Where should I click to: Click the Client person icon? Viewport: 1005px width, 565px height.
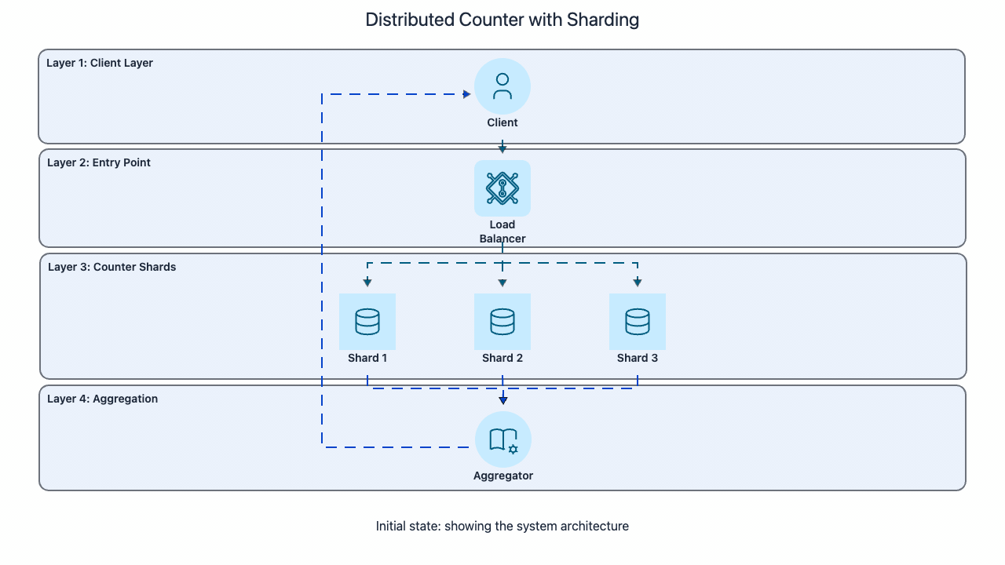tap(502, 86)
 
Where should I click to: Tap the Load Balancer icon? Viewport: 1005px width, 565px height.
tap(502, 188)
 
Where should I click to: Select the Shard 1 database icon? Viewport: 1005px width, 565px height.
tap(367, 322)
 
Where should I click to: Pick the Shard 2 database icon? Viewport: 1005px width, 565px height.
tap(502, 322)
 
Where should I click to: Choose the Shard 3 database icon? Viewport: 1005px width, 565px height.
tap(638, 322)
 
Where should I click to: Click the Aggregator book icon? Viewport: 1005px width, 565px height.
tap(503, 439)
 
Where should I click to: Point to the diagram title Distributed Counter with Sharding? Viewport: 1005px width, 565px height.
tap(502, 20)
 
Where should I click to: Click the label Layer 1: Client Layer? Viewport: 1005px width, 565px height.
tap(100, 63)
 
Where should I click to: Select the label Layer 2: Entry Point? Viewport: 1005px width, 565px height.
tap(99, 162)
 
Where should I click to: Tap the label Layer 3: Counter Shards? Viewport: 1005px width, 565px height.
tap(112, 267)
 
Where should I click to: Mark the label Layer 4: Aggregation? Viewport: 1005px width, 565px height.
tap(103, 399)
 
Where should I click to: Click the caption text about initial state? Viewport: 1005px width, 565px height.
tap(502, 526)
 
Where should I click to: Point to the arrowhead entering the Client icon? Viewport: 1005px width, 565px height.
tap(466, 95)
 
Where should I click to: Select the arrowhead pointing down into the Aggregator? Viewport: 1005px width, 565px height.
tap(503, 400)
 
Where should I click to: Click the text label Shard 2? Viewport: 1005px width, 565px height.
tap(502, 358)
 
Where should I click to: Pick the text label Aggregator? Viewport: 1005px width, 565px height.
tap(503, 476)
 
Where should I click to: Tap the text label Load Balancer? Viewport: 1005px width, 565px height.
tap(502, 231)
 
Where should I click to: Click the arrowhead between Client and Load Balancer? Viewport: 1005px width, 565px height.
tap(502, 148)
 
